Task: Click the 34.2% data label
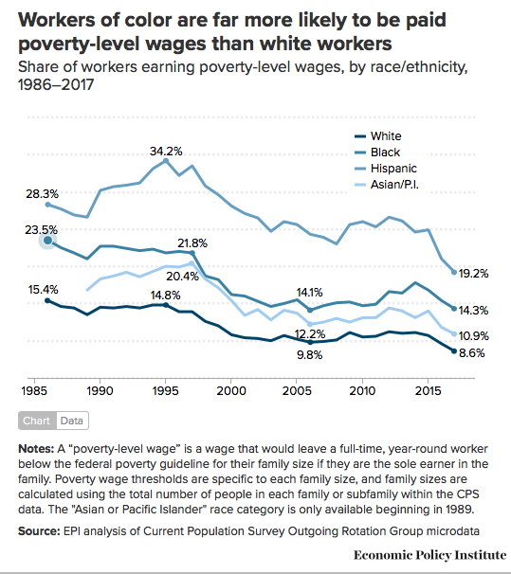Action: [x=166, y=152]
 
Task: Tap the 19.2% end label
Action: [x=472, y=273]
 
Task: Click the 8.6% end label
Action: [x=472, y=352]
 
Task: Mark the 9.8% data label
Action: [x=310, y=354]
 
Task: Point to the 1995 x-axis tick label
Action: [x=166, y=389]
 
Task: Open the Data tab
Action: [x=73, y=421]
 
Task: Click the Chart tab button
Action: [x=37, y=421]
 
